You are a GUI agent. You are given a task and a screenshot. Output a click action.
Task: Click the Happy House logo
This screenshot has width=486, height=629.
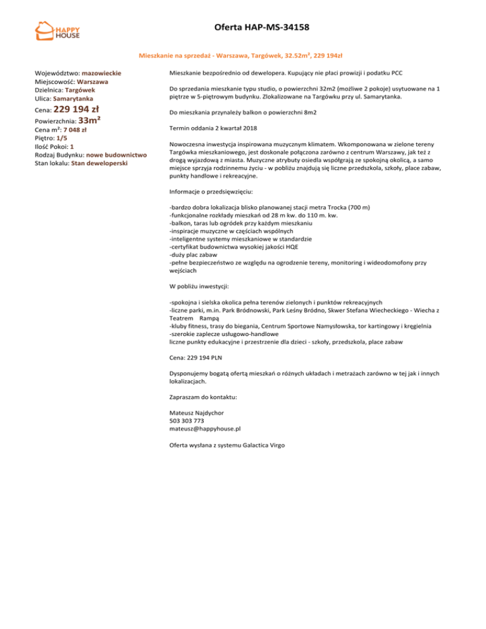(61, 34)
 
